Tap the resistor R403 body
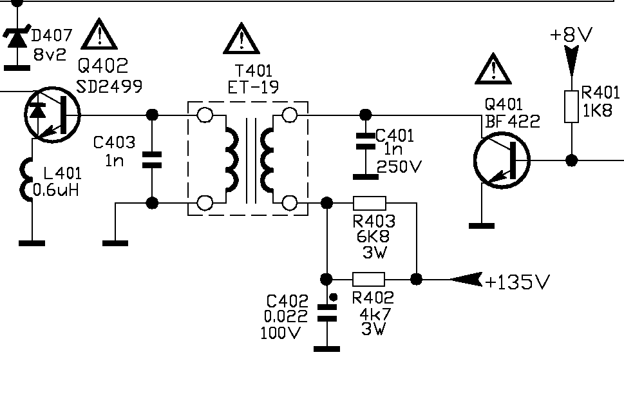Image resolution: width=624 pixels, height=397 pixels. [370, 203]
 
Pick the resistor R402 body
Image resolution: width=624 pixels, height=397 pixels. [369, 279]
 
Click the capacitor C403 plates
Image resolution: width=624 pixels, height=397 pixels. [152, 159]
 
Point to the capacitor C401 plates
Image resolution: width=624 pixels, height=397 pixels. [365, 141]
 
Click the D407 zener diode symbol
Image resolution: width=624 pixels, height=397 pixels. [17, 38]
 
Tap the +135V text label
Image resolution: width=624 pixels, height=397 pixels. [518, 282]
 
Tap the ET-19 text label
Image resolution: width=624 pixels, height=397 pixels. [253, 87]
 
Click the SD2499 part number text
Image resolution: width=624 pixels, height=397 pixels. [109, 85]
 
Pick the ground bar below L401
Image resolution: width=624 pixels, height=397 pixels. [31, 243]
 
